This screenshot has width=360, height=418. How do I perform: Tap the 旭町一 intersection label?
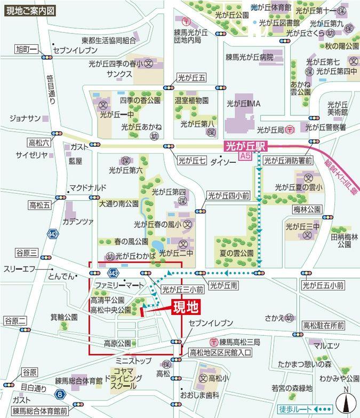[x=25, y=50]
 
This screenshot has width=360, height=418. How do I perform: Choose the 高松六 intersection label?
[x=39, y=143]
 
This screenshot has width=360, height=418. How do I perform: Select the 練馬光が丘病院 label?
[x=249, y=57]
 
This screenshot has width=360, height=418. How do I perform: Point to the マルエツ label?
[x=326, y=346]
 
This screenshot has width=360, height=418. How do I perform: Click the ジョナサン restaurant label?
[x=25, y=118]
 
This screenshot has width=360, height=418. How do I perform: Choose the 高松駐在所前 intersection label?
[x=323, y=325]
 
